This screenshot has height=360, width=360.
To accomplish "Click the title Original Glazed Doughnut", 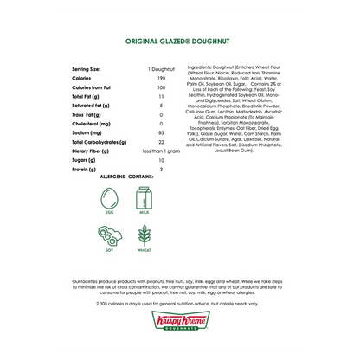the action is tap(180, 41).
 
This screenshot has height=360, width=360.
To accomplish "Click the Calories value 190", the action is tap(162, 79).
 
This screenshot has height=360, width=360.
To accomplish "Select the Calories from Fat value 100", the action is tap(162, 88).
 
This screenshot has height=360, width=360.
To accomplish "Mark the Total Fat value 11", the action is tap(162, 97).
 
